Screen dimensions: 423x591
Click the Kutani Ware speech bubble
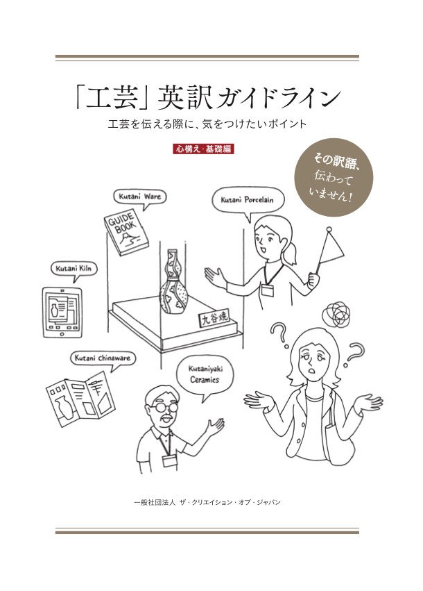coord(139,197)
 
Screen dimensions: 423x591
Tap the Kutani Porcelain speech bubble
coord(247,200)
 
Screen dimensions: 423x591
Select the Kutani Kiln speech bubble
coord(74,269)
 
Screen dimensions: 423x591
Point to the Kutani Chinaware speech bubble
coord(103,358)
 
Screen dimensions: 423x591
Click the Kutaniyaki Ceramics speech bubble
coord(204,374)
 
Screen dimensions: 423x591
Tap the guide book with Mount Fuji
coord(126,233)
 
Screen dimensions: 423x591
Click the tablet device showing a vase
coord(62,313)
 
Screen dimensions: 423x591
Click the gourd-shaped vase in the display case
coord(173,283)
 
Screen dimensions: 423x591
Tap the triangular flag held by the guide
coord(329,249)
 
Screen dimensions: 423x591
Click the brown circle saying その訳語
coord(334,177)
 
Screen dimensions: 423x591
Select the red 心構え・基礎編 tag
coord(204,149)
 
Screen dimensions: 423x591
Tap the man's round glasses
coord(164,408)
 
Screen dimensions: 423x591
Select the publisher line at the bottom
coord(207,502)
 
